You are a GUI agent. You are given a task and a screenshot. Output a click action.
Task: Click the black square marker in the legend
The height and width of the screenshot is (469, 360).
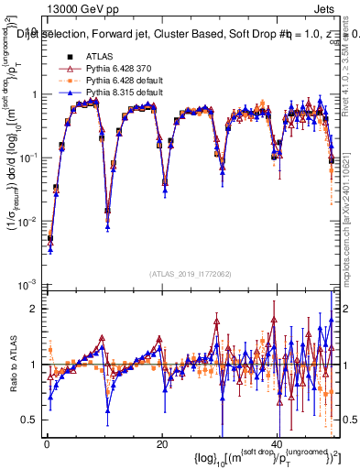(x=67, y=58)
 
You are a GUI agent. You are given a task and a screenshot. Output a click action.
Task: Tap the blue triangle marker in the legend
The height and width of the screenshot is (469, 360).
(x=67, y=94)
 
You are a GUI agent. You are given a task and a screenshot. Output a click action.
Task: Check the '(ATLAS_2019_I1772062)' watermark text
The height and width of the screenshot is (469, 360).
(x=191, y=273)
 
